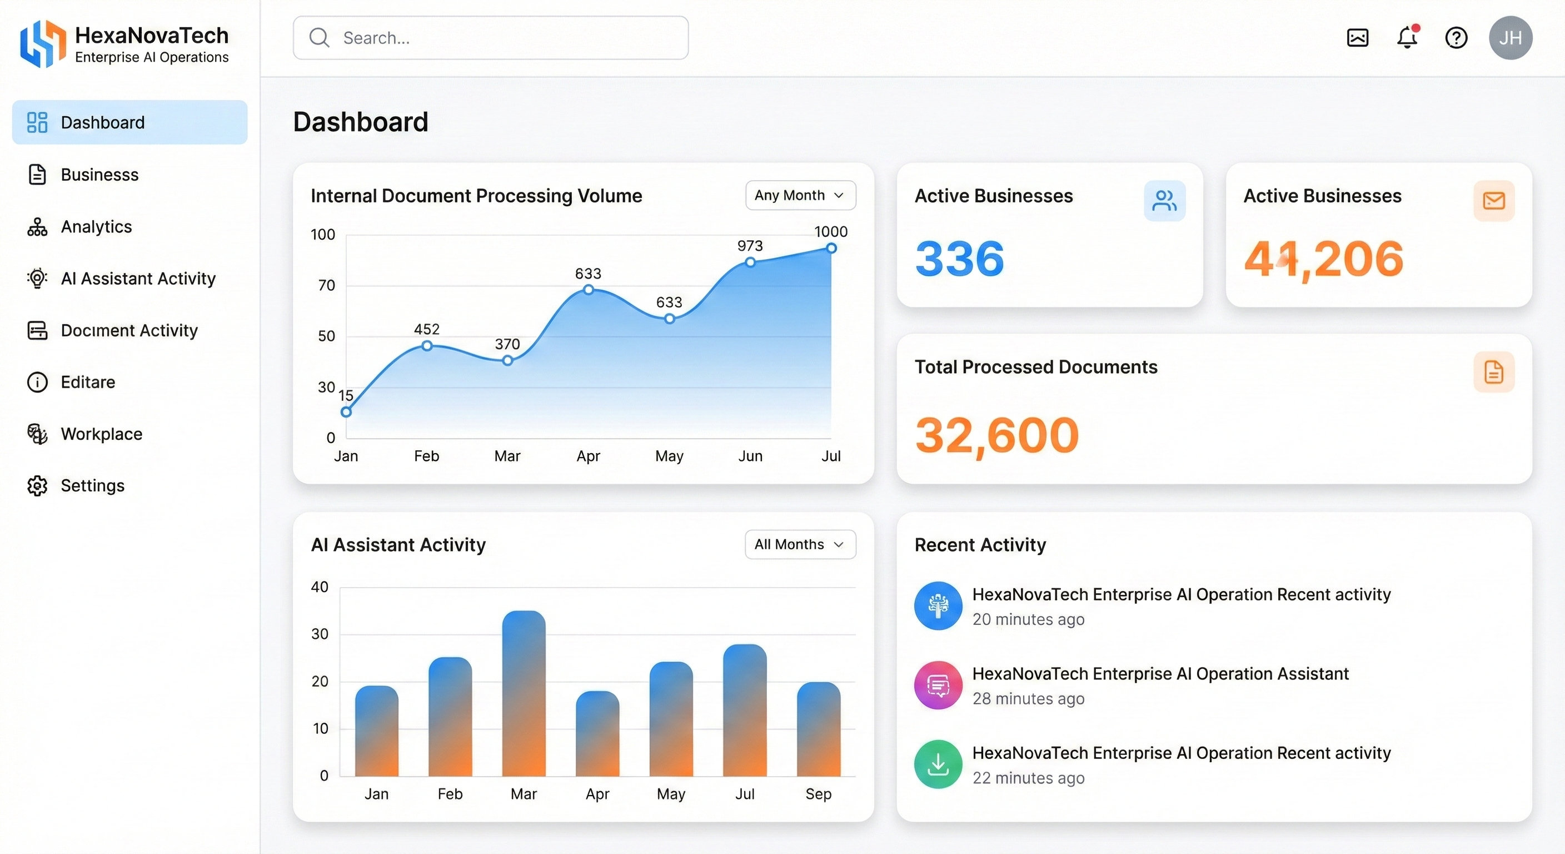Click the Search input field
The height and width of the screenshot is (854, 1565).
(491, 38)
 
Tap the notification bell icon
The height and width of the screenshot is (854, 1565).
(1407, 38)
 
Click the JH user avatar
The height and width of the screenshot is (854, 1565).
(1511, 38)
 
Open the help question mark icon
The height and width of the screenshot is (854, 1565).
(1456, 38)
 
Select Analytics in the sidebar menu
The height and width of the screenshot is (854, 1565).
(96, 227)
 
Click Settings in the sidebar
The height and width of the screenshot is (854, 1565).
(92, 485)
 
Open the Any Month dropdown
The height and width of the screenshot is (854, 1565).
(800, 195)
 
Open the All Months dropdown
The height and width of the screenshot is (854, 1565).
(800, 545)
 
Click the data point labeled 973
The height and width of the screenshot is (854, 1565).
(750, 262)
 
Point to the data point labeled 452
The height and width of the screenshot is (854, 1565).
(427, 346)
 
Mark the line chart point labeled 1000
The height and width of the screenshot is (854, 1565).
(831, 248)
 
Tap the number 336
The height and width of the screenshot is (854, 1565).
(959, 259)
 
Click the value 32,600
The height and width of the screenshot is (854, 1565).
(996, 435)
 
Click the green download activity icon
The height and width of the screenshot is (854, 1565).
(938, 764)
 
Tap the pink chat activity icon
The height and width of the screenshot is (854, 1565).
(938, 685)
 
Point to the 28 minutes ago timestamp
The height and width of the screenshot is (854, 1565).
(1028, 698)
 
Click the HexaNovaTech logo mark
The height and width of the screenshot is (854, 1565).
(43, 43)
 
